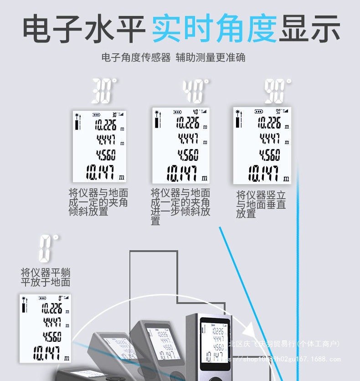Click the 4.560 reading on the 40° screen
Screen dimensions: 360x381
tap(188, 155)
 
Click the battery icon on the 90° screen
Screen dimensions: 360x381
tap(259, 111)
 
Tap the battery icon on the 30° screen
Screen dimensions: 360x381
tap(96, 115)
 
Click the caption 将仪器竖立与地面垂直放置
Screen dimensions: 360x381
tap(261, 204)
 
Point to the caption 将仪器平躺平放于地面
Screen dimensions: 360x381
tap(46, 277)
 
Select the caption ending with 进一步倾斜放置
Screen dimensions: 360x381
tap(180, 206)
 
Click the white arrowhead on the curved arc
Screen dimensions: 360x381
tap(249, 328)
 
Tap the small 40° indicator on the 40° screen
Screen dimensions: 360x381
tap(195, 112)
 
